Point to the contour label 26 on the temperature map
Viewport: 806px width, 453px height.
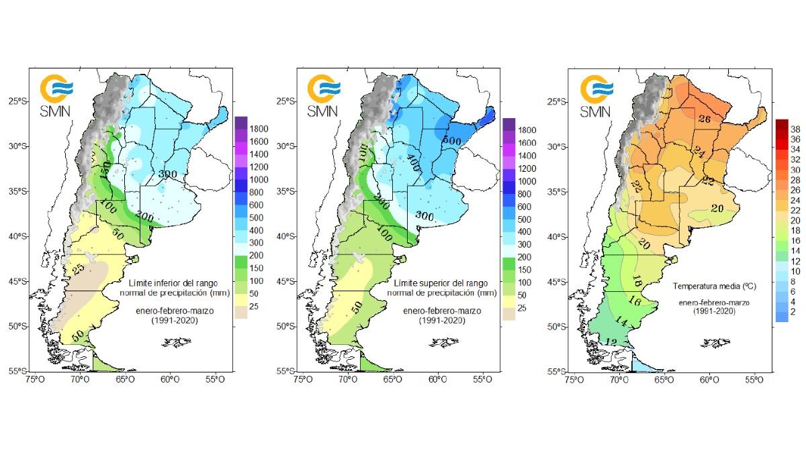tap(705, 119)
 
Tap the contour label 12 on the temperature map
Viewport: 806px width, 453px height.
tap(610, 342)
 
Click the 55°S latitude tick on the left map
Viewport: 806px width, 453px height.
tap(19, 371)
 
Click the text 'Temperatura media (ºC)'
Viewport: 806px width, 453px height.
tap(714, 286)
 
